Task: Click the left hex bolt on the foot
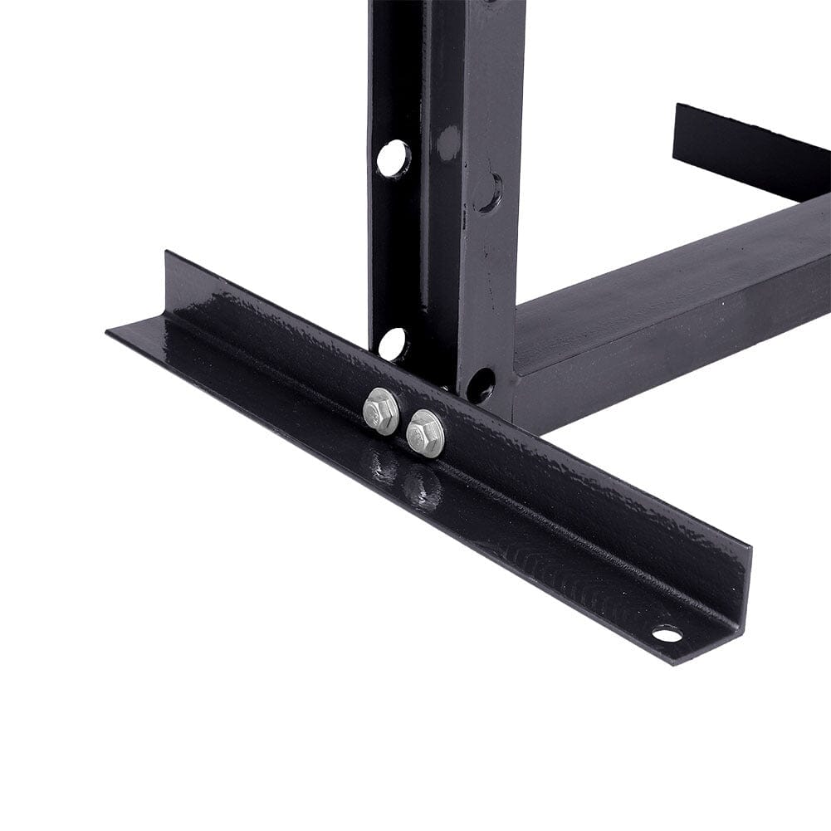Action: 381,411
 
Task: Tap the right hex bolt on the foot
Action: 425,433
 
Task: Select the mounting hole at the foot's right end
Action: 667,634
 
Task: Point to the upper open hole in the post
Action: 394,158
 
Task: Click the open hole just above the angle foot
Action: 393,344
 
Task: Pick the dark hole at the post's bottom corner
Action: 481,384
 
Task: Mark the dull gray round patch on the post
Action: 448,143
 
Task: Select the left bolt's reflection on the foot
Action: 384,467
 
